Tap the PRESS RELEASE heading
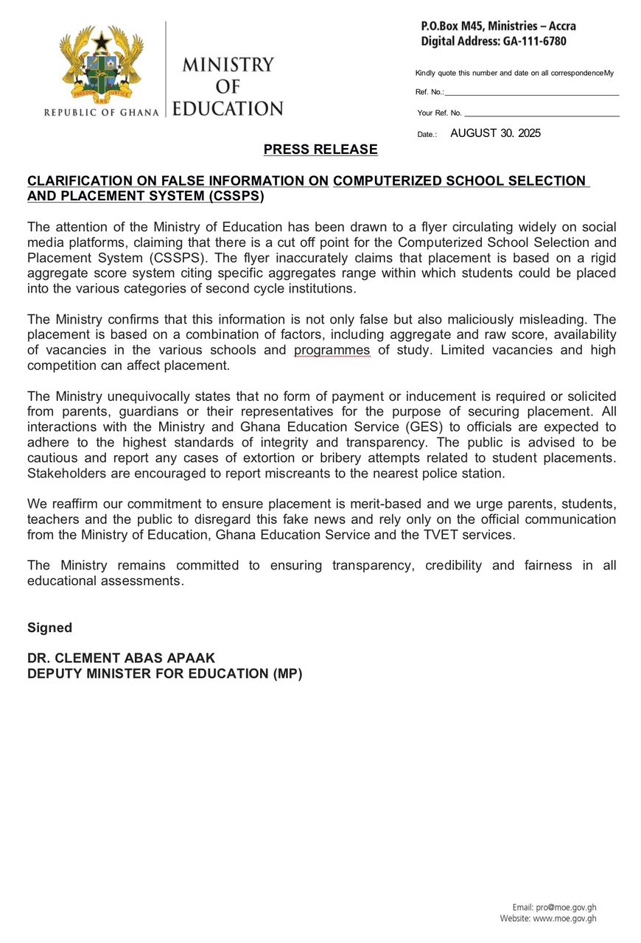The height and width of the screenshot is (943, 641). (x=320, y=150)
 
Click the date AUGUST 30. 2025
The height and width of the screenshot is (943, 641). (x=495, y=133)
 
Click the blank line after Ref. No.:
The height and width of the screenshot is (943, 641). (x=531, y=94)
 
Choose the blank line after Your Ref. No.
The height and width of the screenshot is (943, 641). (x=542, y=116)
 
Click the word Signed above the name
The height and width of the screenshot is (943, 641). (x=49, y=628)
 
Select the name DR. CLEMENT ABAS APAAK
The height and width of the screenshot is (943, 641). (x=122, y=659)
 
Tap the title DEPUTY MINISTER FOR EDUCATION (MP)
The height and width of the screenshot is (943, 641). (x=164, y=673)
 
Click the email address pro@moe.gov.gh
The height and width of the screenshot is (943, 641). (x=565, y=907)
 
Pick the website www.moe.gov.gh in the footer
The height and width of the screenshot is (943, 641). (x=564, y=919)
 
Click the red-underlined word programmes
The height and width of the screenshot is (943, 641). (x=332, y=350)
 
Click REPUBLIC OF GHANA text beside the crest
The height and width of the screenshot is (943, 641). (x=102, y=113)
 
